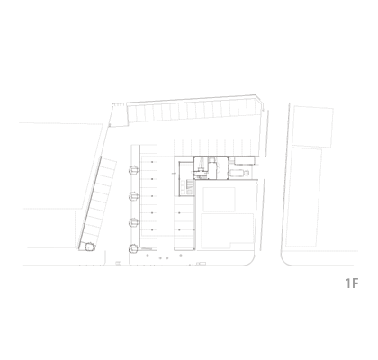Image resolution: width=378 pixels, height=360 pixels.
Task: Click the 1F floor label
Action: (352, 283)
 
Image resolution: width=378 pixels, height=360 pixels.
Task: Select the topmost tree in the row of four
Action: (134, 170)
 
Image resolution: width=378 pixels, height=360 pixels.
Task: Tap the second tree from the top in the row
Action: (134, 196)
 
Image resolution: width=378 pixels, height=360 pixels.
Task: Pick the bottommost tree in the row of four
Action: (134, 248)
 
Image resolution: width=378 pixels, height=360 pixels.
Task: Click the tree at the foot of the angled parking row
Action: (89, 247)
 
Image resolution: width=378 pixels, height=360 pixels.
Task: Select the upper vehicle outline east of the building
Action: (245, 161)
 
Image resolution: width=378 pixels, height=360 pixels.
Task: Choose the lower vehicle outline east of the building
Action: (238, 173)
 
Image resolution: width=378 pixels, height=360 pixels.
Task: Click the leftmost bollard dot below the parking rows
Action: (148, 256)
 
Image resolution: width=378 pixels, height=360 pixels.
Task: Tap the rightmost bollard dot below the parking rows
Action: (181, 256)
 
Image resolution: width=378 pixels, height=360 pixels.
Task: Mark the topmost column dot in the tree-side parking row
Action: (152, 162)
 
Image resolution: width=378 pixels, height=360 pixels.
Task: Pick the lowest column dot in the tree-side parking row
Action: (152, 230)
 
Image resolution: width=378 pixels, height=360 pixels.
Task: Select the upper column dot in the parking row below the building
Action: (179, 213)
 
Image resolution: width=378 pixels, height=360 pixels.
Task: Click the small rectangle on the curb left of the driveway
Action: (119, 263)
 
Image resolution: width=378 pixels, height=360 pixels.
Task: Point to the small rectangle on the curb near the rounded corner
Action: (201, 264)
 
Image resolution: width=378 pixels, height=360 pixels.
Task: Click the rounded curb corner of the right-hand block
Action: (284, 262)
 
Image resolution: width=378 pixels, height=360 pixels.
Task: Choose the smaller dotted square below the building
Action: (219, 200)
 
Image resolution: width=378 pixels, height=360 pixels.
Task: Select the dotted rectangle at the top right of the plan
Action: (313, 126)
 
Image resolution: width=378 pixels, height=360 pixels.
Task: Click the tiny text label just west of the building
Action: (174, 174)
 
